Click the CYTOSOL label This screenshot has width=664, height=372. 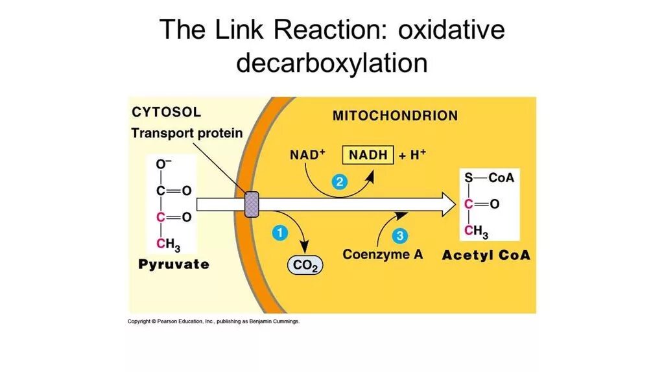pos(166,112)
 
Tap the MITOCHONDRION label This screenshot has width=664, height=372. pos(395,116)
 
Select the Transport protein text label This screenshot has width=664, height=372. pos(187,134)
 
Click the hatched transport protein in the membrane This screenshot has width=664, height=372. pos(251,204)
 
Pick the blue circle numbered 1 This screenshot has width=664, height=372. pos(279,233)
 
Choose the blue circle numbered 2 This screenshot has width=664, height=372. pos(338,183)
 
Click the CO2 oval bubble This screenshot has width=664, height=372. pos(305,265)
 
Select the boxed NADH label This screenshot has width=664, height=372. pos(368,155)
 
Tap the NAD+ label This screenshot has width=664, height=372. pos(308,155)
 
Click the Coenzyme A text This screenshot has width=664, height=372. pos(383,255)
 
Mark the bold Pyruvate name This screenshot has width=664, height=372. pos(174,264)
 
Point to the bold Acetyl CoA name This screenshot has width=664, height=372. pos(486,255)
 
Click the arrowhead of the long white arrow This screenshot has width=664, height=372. pos(447,204)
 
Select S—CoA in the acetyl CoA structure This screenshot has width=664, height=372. pos(489,178)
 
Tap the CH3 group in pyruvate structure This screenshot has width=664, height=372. pos(168,244)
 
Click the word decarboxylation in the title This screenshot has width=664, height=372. pos(331,64)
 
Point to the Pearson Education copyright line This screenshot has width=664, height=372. pos(213,321)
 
